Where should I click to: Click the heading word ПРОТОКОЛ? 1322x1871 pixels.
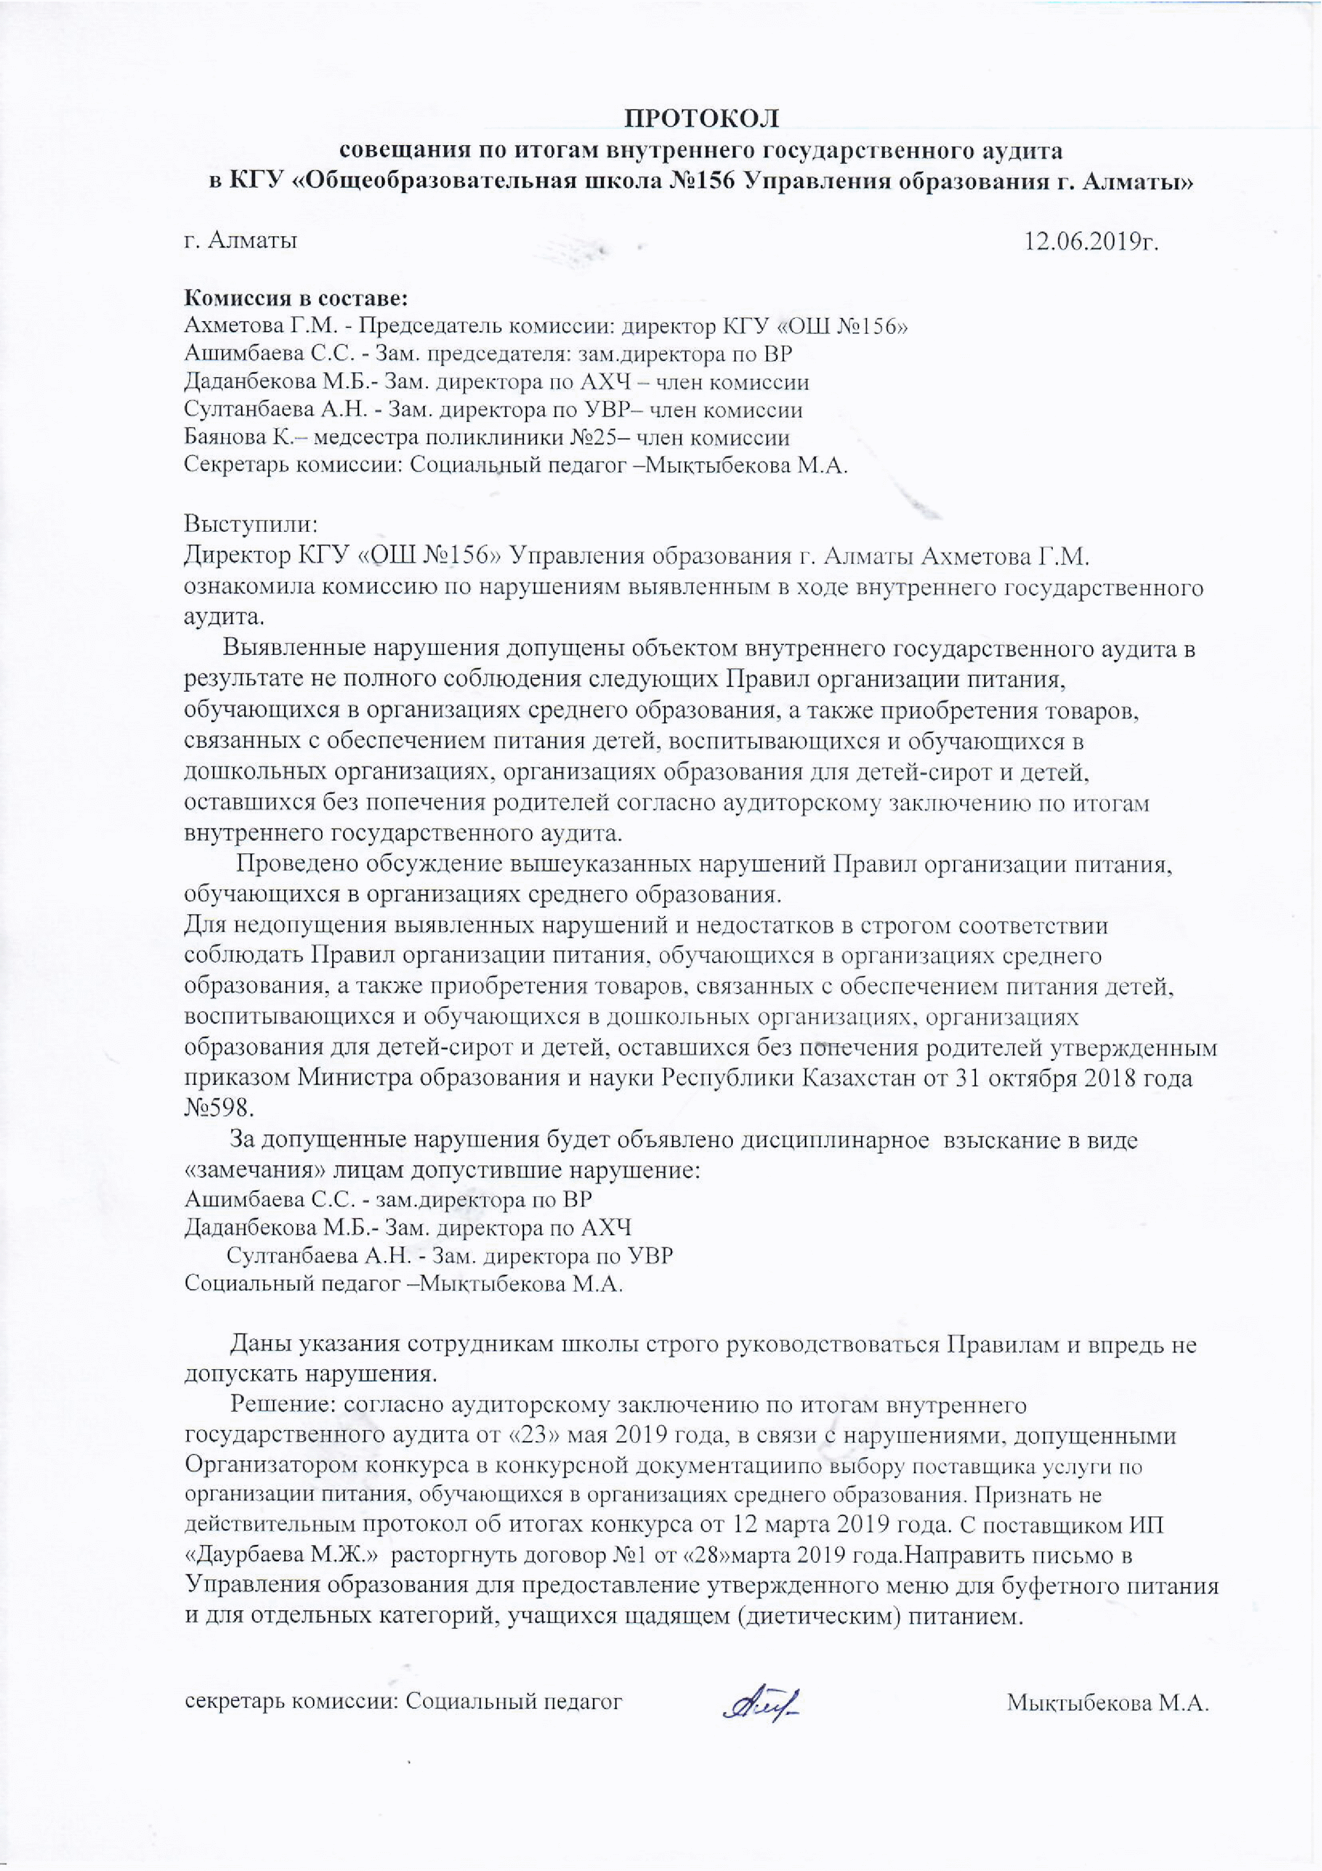(702, 119)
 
